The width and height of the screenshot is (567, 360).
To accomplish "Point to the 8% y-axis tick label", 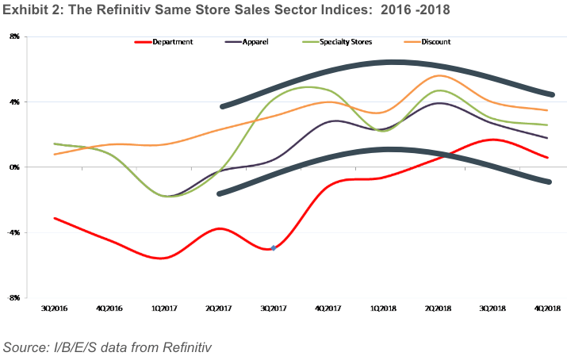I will [14, 36].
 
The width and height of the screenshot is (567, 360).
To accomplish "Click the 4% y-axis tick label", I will [14, 101].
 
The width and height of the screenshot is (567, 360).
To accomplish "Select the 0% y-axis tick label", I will [14, 167].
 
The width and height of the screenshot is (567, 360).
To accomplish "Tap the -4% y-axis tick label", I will [13, 232].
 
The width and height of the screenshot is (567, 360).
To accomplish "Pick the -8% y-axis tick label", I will [13, 297].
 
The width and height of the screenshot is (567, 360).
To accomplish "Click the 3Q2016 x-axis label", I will [54, 308].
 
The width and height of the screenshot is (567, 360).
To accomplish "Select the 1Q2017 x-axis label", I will [163, 308].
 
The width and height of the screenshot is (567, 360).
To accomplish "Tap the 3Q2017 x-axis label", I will [273, 308].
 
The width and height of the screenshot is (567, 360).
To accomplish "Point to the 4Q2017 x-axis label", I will [328, 308].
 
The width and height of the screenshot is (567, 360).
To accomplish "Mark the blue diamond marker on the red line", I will [274, 248].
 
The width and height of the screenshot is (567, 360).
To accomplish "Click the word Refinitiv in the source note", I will [184, 347].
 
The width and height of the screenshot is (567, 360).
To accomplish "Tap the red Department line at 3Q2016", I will [54, 218].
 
